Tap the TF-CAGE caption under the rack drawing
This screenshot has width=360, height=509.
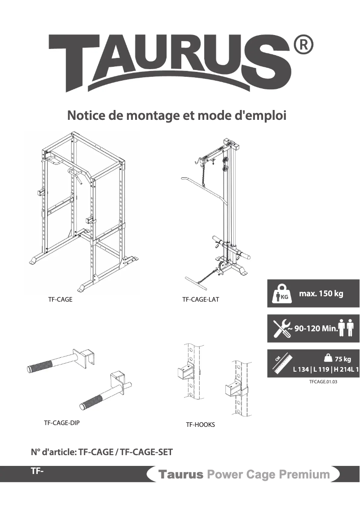pyautogui.click(x=60, y=299)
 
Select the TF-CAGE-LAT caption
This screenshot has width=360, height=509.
pyautogui.click(x=201, y=299)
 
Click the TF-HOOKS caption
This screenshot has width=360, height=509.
pyautogui.click(x=200, y=425)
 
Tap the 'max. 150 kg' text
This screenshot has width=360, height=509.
pyautogui.click(x=321, y=294)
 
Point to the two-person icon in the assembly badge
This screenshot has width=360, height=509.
pyautogui.click(x=347, y=328)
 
